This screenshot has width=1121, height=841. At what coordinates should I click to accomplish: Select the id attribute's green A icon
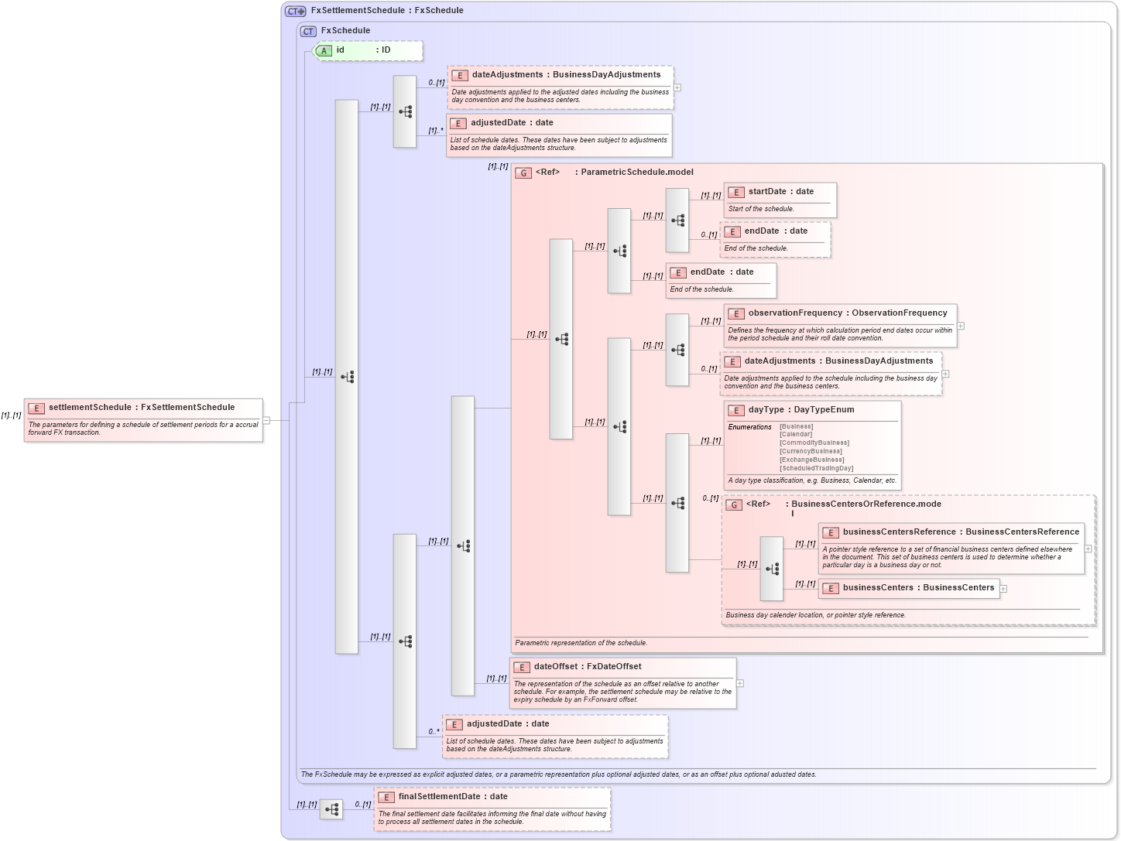coord(324,50)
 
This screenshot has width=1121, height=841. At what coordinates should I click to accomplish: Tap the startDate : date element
coord(780,192)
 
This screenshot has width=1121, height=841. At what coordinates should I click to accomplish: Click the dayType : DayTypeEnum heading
coord(800,410)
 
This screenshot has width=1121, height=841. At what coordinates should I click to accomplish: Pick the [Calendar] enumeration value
coord(796,434)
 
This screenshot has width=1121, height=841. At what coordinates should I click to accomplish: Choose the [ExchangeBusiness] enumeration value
coord(811,460)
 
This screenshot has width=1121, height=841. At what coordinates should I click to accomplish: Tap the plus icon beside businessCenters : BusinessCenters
coord(1003,589)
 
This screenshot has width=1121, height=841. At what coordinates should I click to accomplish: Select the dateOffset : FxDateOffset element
coord(587,667)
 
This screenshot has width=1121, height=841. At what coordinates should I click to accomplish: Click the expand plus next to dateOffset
coord(740,683)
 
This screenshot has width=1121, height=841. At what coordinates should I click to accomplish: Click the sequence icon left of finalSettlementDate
coord(331,809)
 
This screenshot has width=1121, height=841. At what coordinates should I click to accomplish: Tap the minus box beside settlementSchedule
coord(266,421)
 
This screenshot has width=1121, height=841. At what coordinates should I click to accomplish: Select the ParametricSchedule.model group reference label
coord(636,173)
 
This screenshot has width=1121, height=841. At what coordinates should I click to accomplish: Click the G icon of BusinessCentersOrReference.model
coord(734,504)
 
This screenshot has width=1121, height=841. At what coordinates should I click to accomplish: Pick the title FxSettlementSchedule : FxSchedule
coord(387,11)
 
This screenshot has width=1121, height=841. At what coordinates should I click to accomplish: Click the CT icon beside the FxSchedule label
coord(308,32)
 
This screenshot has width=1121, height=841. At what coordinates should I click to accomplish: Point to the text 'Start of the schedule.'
coord(760,209)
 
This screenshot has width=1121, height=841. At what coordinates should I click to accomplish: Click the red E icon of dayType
coord(735,411)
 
